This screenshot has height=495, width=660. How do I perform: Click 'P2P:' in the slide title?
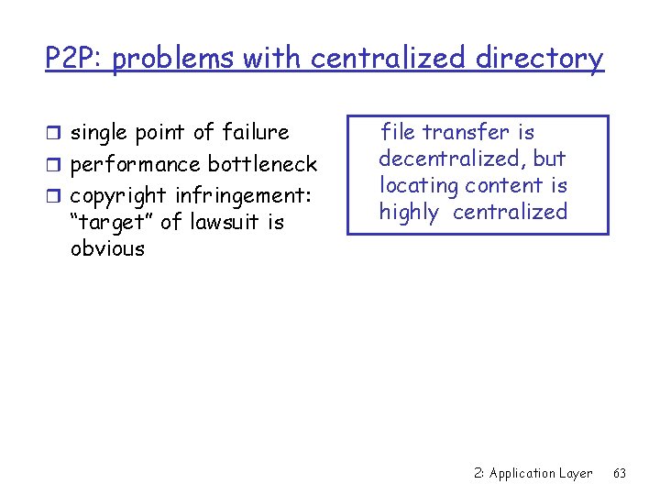click(x=76, y=59)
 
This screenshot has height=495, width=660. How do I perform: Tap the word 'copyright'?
click(x=116, y=196)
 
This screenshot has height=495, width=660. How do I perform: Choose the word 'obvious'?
click(x=107, y=248)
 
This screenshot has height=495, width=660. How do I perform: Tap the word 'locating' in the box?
click(x=418, y=185)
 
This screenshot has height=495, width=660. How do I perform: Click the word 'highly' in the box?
click(x=409, y=213)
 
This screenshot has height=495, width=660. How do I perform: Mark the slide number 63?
click(x=620, y=473)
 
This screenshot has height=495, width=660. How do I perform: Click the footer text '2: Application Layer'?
click(x=533, y=473)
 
